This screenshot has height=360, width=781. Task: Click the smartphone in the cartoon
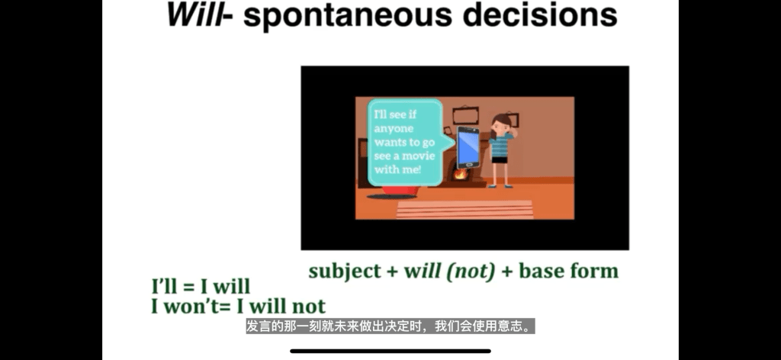[468, 147]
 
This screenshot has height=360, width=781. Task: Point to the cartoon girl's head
[502, 124]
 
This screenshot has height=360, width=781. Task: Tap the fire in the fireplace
[460, 174]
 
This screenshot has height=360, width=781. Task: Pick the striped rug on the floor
[464, 210]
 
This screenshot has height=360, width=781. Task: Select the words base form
[568, 272]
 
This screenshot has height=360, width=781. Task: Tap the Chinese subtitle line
[390, 326]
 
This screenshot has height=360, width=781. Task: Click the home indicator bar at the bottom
[390, 351]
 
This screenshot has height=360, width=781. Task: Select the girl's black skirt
[500, 160]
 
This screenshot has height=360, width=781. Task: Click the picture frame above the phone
[465, 116]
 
